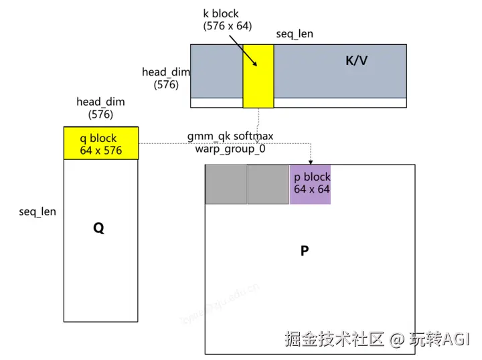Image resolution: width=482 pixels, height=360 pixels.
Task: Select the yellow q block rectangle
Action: [x=100, y=143]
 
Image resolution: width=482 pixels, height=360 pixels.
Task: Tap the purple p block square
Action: [x=311, y=183]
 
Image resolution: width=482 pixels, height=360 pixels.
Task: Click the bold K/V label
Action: [x=356, y=61]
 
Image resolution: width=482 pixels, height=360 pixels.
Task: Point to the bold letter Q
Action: [x=98, y=228]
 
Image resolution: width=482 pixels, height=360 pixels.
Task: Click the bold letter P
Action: [x=305, y=251]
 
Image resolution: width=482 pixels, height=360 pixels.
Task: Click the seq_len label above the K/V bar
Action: [x=295, y=33]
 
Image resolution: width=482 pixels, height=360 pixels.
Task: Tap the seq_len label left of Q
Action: [x=37, y=211]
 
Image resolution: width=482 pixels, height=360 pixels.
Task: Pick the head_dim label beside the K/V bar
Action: [x=166, y=78]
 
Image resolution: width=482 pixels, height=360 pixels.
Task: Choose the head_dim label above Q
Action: [x=100, y=108]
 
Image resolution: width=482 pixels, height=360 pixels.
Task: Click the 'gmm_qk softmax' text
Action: [x=230, y=137]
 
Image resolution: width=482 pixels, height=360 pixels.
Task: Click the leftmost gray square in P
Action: [x=226, y=184]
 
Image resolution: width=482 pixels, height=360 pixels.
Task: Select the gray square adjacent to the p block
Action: [x=268, y=184]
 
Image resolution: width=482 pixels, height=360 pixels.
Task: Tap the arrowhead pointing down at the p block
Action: [x=311, y=161]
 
